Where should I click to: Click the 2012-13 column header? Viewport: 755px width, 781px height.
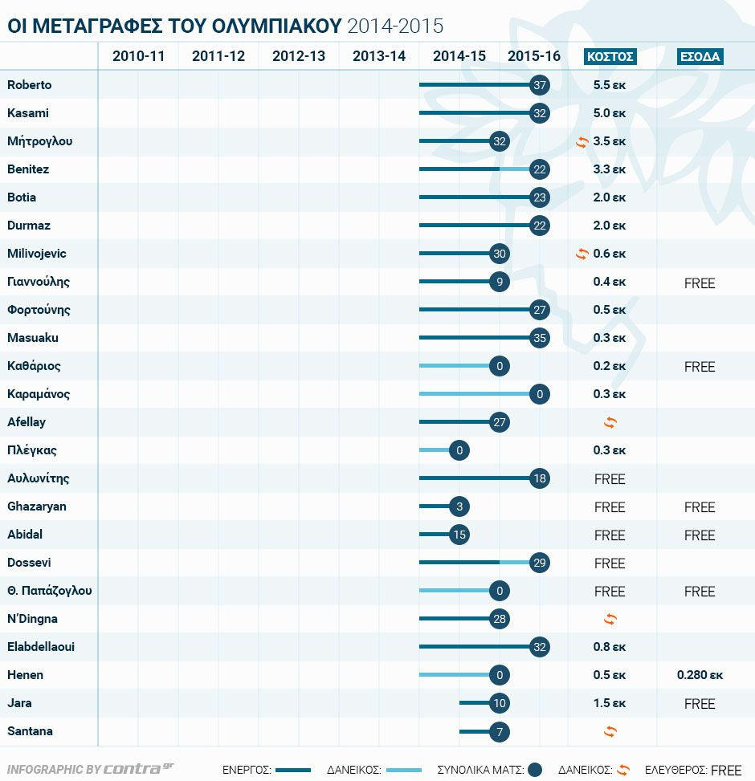click(299, 56)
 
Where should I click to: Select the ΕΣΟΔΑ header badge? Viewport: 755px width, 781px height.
click(700, 56)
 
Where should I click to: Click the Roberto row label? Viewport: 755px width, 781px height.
click(29, 85)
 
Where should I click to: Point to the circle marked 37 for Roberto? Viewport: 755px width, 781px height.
click(540, 85)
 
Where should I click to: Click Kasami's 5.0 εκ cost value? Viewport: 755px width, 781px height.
click(610, 113)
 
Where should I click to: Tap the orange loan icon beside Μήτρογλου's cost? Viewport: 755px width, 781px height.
click(582, 142)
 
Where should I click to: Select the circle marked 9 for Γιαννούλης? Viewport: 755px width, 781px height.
click(500, 282)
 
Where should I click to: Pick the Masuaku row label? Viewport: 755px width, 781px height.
click(32, 338)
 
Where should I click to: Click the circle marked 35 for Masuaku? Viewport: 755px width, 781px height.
click(540, 338)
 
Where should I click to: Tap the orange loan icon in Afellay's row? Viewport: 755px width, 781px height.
click(610, 422)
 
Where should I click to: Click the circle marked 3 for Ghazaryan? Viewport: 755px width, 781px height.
click(459, 506)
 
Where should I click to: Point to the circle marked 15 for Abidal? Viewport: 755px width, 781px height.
click(459, 535)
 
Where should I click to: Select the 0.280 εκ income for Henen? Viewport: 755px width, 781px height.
click(700, 675)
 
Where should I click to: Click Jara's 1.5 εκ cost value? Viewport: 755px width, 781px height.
click(610, 703)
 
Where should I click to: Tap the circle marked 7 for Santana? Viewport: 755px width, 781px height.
click(500, 731)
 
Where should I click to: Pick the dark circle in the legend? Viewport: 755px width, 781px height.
click(536, 770)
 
